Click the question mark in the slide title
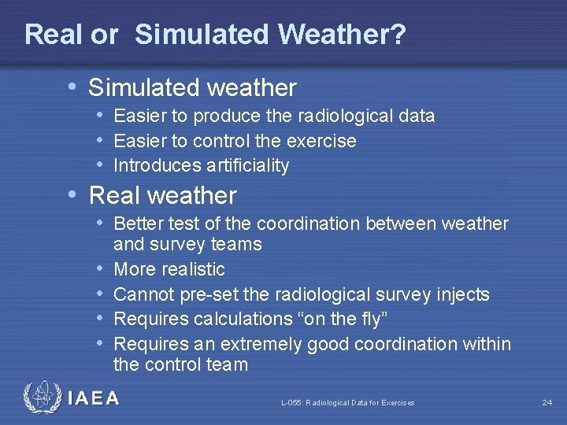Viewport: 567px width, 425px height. pos(398,35)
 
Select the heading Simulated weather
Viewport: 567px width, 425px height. pos(192,87)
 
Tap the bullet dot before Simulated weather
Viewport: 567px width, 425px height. pos(73,87)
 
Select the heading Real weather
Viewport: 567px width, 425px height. pos(162,195)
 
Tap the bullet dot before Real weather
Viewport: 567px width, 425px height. pos(73,194)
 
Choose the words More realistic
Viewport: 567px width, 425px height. pos(169,270)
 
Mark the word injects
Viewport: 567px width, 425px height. pos(463,295)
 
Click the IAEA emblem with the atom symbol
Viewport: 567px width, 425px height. pos(42,398)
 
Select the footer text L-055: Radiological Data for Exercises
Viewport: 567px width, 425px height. pos(347,403)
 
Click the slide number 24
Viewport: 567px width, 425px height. pos(547,403)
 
